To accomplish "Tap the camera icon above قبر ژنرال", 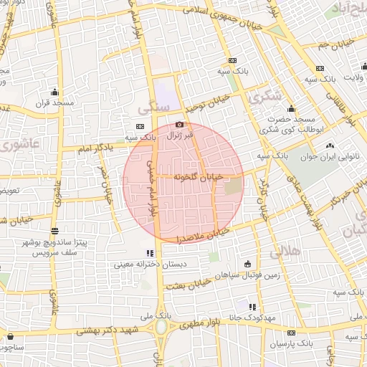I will click(x=179, y=124).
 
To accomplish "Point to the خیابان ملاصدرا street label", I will click(x=204, y=232).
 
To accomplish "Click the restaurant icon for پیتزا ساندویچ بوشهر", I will click(x=56, y=231).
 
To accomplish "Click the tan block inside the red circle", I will click(x=234, y=188).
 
